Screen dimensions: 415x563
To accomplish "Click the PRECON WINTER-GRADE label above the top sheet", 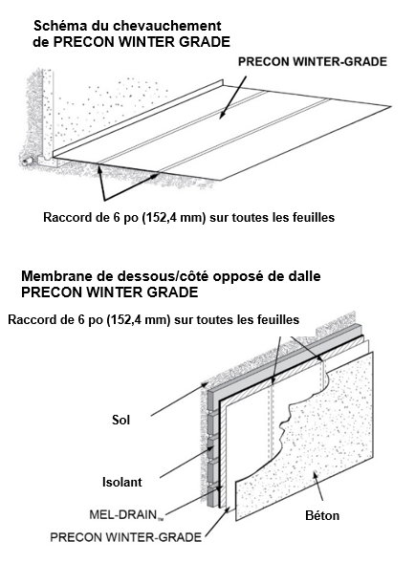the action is point(313,62).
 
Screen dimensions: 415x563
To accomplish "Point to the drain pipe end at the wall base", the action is point(25,162).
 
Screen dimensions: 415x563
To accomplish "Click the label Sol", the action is point(120,420).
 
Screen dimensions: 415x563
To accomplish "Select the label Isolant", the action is point(122,482).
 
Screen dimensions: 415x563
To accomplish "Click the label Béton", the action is point(322,515).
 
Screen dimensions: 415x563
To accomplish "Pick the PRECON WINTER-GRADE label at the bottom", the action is point(126,537).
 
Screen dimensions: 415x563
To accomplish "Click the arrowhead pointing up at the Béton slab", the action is point(317,476).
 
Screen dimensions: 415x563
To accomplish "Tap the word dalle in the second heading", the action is point(305,276).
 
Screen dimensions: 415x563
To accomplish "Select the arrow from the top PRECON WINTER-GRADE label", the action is point(233,97).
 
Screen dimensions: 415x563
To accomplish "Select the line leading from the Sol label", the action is point(179,400).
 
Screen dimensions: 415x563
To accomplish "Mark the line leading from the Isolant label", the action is point(186,462).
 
